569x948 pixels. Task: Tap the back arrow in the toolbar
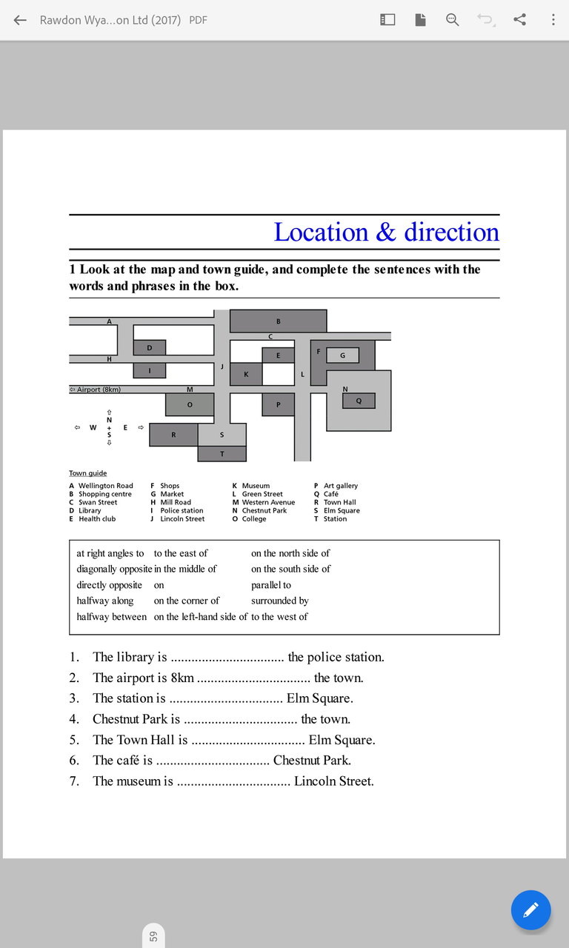(x=20, y=20)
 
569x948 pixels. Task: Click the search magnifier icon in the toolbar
(x=452, y=20)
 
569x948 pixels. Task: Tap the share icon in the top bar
(x=520, y=20)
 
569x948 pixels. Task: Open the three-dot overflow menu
(x=553, y=20)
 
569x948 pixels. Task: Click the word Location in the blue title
(x=321, y=233)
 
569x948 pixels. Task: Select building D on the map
(x=150, y=347)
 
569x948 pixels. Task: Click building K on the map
(x=246, y=374)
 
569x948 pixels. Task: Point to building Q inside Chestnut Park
(x=359, y=401)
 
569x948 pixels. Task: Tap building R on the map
(x=173, y=435)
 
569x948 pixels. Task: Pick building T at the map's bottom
(x=222, y=454)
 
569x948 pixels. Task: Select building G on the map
(x=342, y=355)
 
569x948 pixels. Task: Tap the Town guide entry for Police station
(x=181, y=510)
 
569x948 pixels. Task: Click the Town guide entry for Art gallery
(x=340, y=486)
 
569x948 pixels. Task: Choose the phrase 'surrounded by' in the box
(x=279, y=601)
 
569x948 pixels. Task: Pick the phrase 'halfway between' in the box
(x=111, y=616)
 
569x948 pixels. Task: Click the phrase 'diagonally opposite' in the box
(x=114, y=569)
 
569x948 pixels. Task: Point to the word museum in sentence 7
(x=138, y=781)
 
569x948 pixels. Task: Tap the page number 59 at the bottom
(x=153, y=936)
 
